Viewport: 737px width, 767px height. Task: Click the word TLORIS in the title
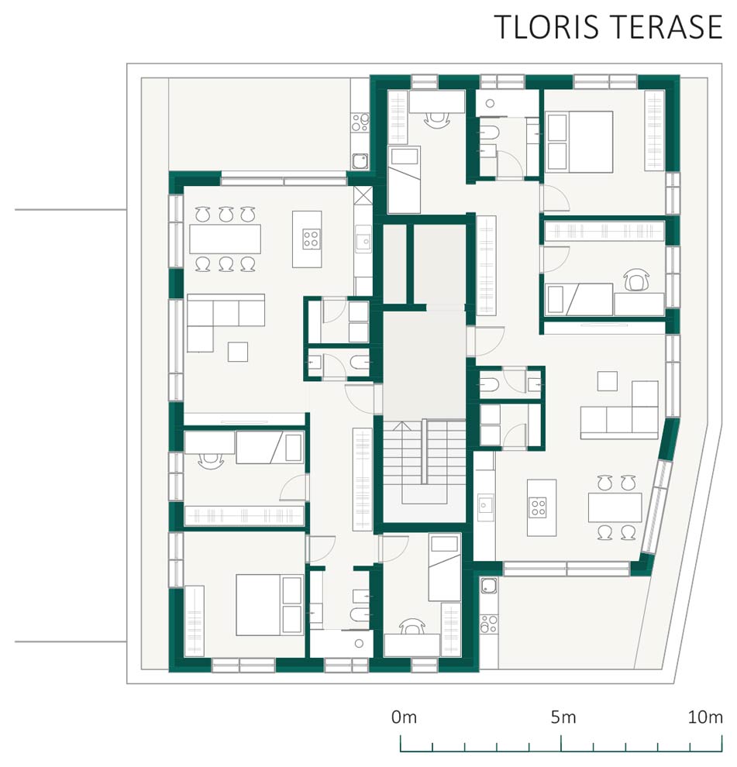(x=546, y=27)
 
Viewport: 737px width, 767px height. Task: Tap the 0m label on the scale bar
(x=405, y=717)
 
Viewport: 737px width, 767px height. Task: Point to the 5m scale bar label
(x=563, y=717)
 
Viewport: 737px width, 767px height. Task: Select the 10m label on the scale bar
(x=705, y=717)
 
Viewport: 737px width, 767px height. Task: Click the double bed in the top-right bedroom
(x=580, y=142)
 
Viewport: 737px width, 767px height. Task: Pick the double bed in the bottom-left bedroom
(x=269, y=605)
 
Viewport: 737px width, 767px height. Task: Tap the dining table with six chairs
(x=225, y=239)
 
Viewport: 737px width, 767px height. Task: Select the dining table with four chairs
(x=615, y=507)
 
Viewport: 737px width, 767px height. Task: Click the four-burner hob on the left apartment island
(x=312, y=239)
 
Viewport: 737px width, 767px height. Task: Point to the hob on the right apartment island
(x=538, y=507)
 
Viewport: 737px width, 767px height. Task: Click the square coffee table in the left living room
(x=238, y=352)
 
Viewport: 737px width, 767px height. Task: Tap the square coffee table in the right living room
(x=608, y=381)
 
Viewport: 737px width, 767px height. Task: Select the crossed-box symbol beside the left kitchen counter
(x=363, y=195)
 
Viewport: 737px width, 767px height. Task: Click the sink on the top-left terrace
(x=360, y=161)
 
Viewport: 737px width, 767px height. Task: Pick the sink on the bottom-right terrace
(x=488, y=586)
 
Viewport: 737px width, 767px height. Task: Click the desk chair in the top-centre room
(x=436, y=119)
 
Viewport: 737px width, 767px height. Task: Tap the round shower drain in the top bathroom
(x=491, y=103)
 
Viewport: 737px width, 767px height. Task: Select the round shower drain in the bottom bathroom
(x=360, y=644)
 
